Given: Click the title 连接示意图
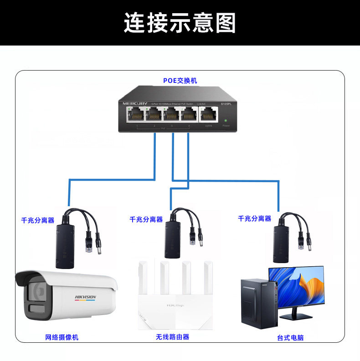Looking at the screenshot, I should [180, 23].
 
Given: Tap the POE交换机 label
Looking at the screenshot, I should [180, 81].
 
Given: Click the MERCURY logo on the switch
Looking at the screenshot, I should [135, 104].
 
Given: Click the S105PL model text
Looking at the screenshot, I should [227, 104].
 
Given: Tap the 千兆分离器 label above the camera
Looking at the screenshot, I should [38, 220].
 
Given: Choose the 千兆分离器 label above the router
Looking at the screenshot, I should [146, 219].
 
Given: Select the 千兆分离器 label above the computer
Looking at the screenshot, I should [254, 219].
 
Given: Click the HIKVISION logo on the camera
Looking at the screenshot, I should [85, 297].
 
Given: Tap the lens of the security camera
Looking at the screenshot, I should [37, 292].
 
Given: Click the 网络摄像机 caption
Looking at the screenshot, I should [62, 337].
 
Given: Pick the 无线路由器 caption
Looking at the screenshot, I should [172, 337].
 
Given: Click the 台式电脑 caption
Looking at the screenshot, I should [290, 338].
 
